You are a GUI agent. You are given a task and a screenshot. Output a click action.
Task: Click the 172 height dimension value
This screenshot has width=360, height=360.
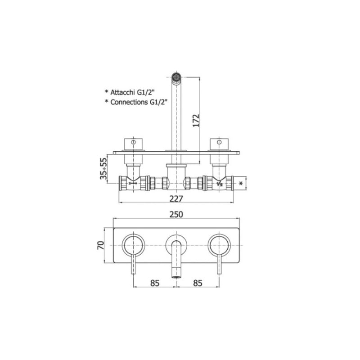click(x=196, y=121)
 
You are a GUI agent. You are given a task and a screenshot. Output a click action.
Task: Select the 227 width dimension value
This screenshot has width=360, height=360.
click(x=176, y=198)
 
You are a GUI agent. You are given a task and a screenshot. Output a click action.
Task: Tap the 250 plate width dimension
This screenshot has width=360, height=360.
click(x=176, y=214)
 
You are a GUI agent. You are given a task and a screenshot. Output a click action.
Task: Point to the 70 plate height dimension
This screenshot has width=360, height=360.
click(x=101, y=245)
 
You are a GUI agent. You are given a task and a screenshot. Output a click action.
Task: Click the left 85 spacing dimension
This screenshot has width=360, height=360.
click(x=155, y=283)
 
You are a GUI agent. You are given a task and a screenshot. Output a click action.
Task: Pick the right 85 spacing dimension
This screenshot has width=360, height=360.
click(x=198, y=283)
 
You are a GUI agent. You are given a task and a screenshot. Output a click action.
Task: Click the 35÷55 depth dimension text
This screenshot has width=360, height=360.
click(x=103, y=168)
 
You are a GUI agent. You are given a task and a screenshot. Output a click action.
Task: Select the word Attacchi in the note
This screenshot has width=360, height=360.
click(x=122, y=92)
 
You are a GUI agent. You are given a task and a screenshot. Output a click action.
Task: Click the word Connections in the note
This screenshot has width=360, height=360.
click(x=129, y=102)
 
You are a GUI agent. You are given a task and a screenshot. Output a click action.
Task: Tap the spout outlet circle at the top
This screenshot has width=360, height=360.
click(x=176, y=76)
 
